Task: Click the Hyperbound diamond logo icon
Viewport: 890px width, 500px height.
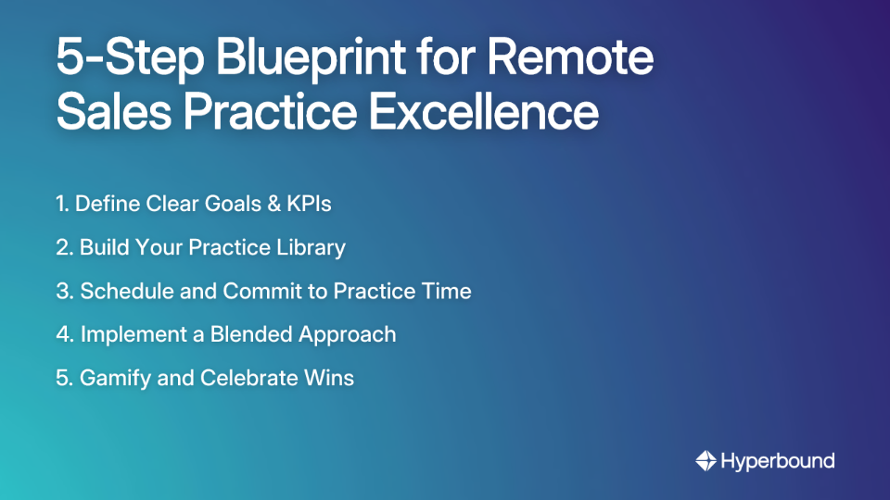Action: [x=706, y=460]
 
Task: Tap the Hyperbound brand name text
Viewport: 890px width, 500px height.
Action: [x=777, y=460]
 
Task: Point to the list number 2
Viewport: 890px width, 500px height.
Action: [x=62, y=247]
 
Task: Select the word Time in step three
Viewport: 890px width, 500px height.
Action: [x=449, y=291]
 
